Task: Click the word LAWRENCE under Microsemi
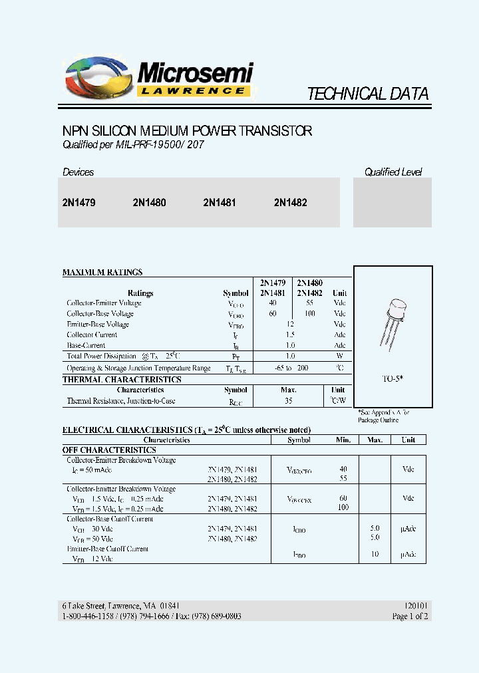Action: tap(194, 90)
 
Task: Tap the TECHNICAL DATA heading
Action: tap(367, 94)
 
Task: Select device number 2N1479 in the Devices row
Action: tap(79, 203)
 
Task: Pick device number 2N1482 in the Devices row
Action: tap(290, 203)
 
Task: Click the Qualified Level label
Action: tap(393, 172)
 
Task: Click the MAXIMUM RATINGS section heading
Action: tap(102, 273)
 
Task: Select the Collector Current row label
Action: tap(92, 335)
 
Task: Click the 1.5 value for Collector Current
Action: tap(290, 335)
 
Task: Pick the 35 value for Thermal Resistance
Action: tap(288, 401)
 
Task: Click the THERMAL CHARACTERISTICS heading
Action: tap(122, 380)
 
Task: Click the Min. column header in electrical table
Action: tap(343, 440)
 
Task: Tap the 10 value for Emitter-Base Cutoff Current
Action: tap(375, 554)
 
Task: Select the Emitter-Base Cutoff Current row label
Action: tap(108, 549)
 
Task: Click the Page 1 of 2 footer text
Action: tap(410, 616)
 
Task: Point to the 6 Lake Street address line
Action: tap(120, 606)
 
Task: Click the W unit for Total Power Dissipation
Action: tap(339, 356)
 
